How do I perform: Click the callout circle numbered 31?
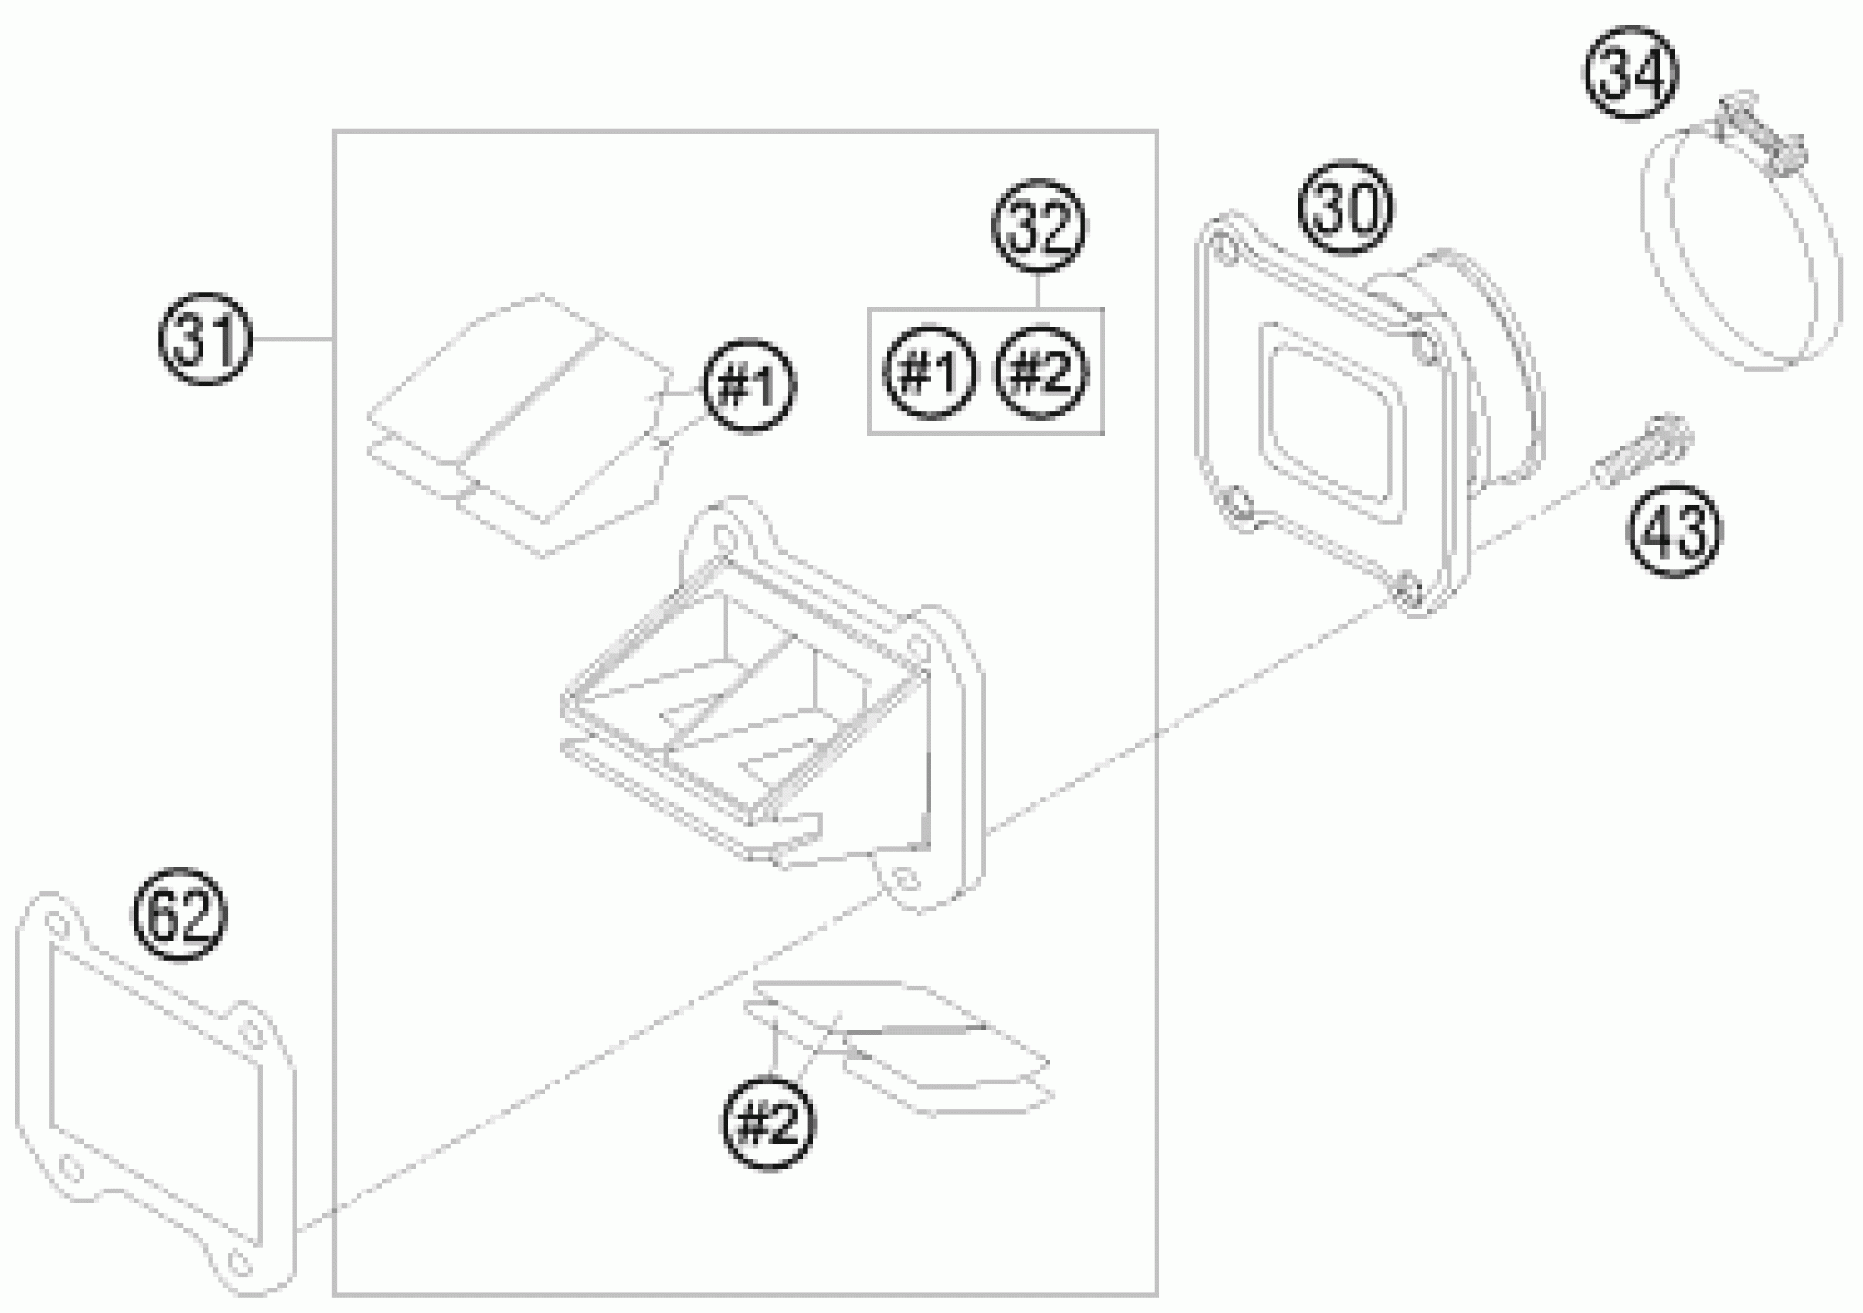pos(205,339)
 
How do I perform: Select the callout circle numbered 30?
pos(1346,207)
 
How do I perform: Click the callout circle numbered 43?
pos(1673,531)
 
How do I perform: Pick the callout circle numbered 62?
pos(179,914)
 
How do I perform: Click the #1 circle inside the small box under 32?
pos(929,372)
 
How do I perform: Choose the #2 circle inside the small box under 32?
pos(1041,372)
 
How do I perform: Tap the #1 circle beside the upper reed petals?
pos(750,387)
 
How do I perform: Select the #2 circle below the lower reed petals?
pos(768,1124)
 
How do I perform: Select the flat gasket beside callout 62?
pos(154,1095)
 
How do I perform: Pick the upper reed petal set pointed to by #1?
pos(519,422)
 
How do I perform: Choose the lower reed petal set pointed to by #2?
pos(901,1047)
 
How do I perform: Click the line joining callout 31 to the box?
pos(292,339)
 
